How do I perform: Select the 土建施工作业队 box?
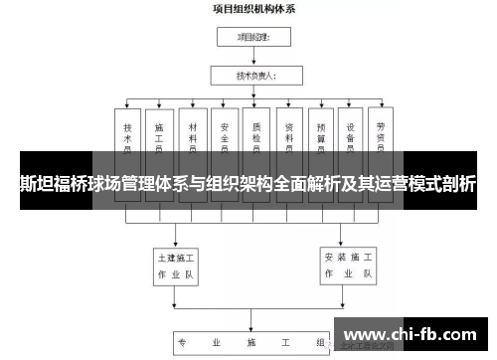tap(175, 263)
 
